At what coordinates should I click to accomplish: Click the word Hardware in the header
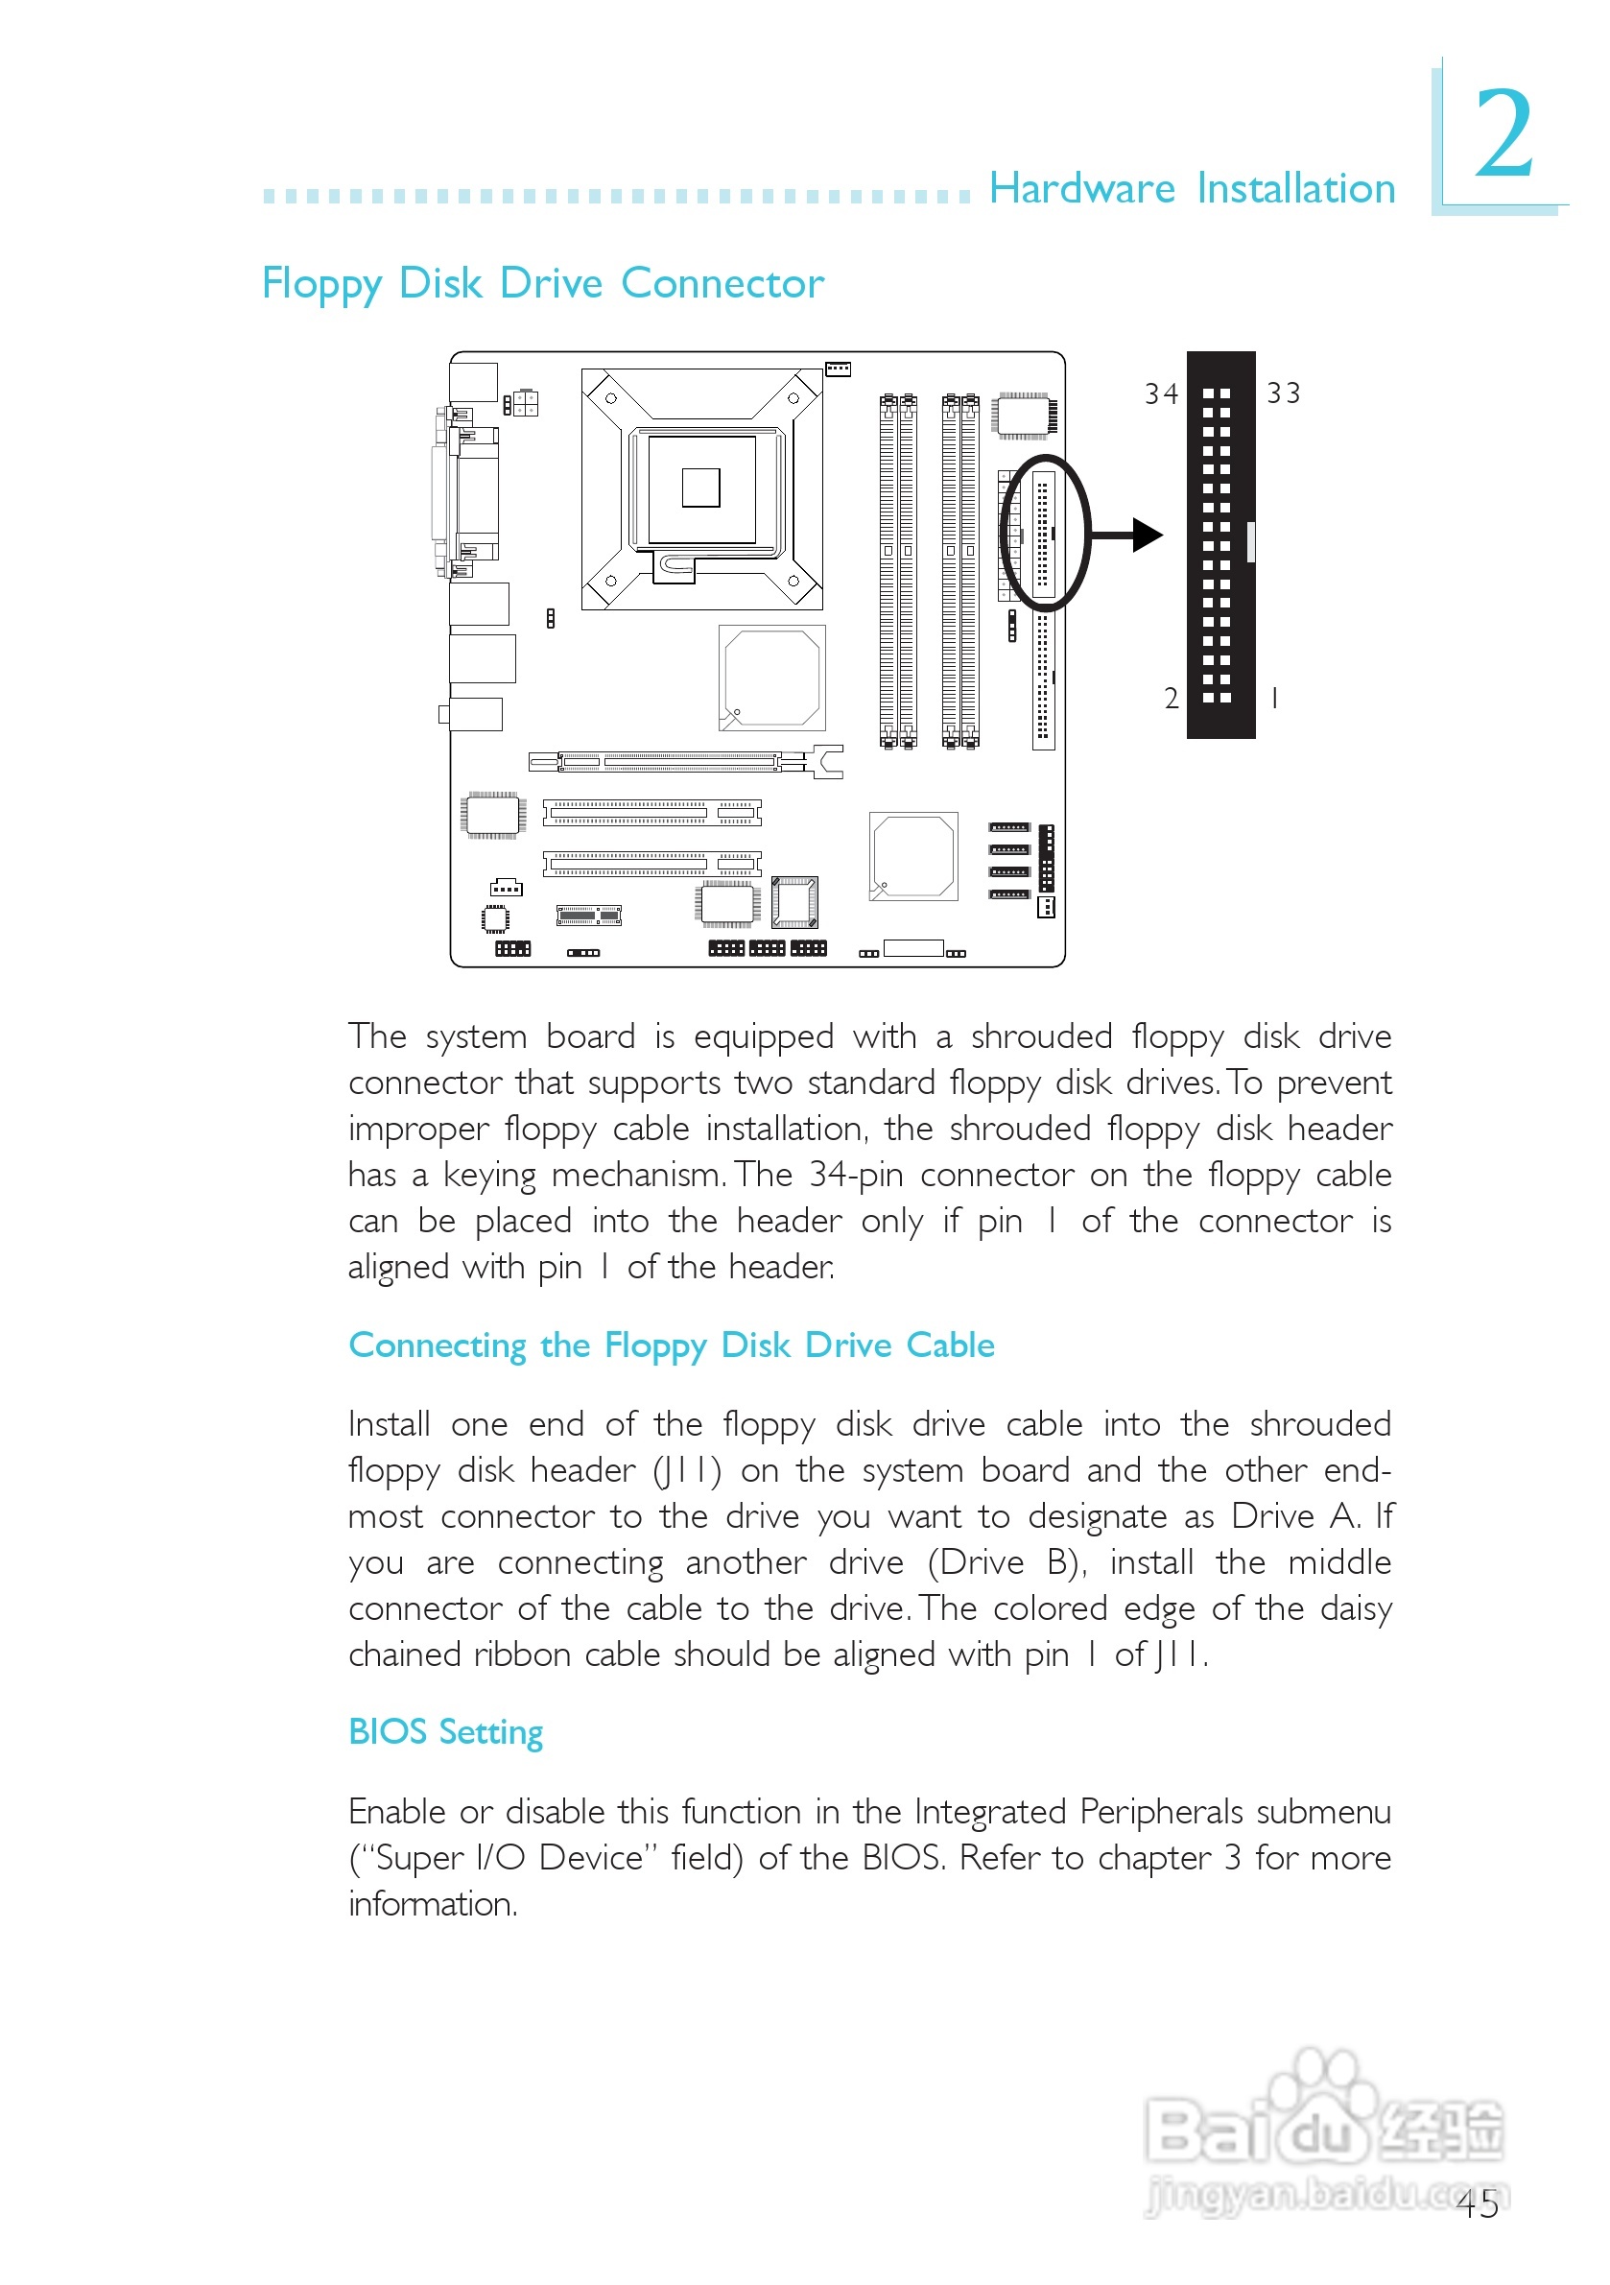(x=1081, y=188)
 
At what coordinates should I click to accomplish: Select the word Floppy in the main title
(x=321, y=285)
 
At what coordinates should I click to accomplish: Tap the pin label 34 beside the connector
(x=1160, y=394)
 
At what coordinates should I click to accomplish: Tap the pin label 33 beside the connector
(x=1283, y=393)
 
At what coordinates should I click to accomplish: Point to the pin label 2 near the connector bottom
(x=1172, y=699)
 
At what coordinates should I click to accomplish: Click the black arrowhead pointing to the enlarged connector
(x=1147, y=536)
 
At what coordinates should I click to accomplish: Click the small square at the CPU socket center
(x=700, y=488)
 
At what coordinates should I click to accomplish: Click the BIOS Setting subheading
(x=446, y=1732)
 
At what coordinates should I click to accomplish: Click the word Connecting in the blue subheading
(x=437, y=1345)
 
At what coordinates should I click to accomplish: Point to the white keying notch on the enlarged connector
(x=1251, y=541)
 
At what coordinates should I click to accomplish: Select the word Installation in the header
(x=1295, y=188)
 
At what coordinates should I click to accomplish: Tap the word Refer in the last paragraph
(x=998, y=1858)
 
